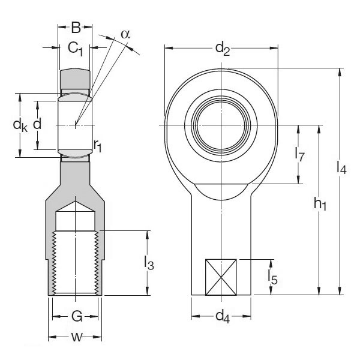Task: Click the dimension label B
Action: point(76,28)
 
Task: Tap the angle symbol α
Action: point(125,34)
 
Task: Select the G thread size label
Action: point(76,316)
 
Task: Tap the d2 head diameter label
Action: point(222,47)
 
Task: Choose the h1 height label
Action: point(319,205)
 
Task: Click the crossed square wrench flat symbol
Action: point(222,277)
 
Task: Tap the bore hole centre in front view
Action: point(221,124)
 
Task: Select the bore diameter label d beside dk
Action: point(37,125)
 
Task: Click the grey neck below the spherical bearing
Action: point(76,178)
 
